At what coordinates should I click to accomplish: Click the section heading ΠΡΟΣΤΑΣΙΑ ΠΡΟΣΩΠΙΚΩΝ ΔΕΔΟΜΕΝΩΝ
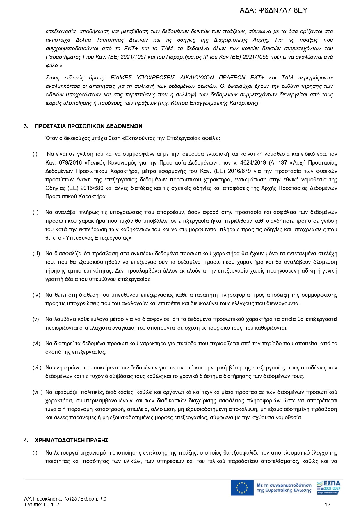coord(88,126)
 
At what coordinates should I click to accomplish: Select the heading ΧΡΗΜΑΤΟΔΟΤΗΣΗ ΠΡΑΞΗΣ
coord(72,441)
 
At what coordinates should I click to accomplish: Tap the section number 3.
coord(26,126)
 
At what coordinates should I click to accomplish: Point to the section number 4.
coord(26,441)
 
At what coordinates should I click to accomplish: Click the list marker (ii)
coord(35,212)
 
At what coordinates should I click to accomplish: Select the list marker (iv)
coord(36,295)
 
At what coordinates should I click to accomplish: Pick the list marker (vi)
coord(36,344)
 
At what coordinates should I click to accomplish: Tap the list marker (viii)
coord(38,392)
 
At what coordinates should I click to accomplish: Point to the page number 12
coord(328,505)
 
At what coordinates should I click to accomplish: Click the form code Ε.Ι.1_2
coord(51,505)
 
